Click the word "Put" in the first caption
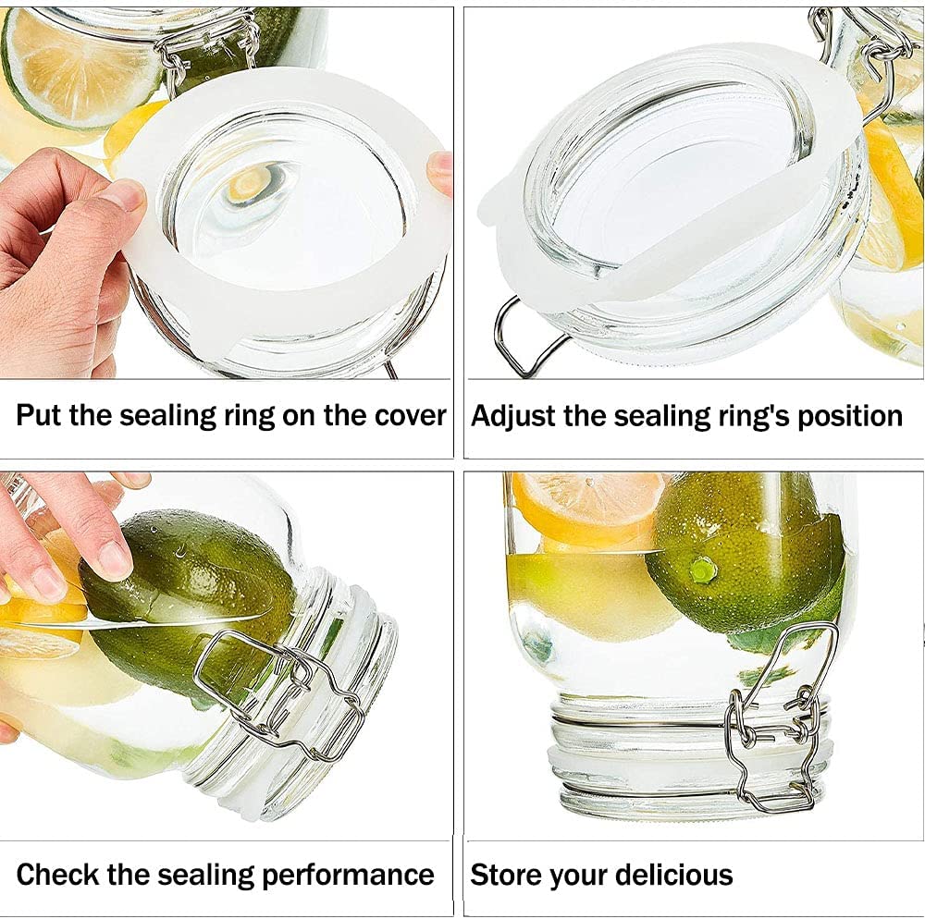38,415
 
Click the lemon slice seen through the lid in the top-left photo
253,180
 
